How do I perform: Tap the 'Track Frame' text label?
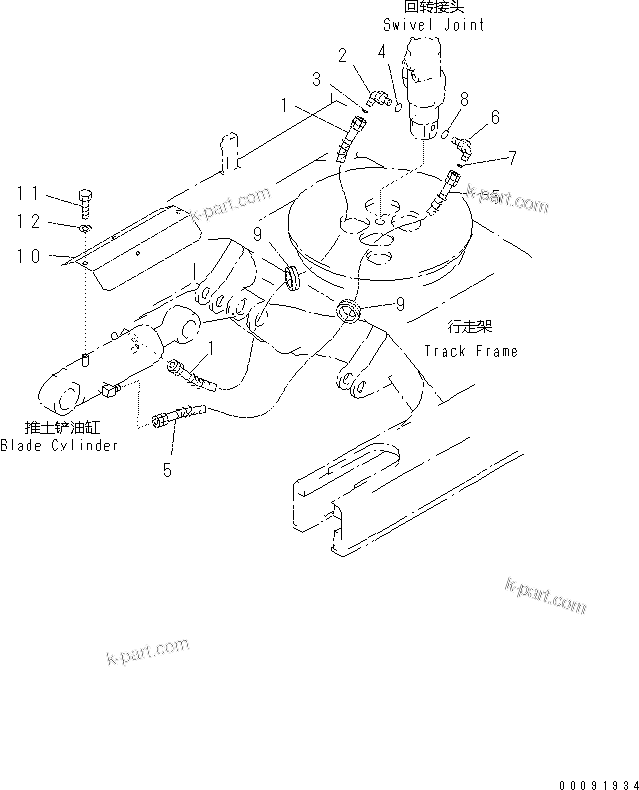(470, 351)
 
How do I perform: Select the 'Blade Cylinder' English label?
(59, 444)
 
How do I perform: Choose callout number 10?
(29, 257)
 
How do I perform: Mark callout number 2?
(342, 55)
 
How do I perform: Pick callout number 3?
(316, 78)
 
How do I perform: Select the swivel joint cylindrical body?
(428, 85)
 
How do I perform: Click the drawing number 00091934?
(595, 778)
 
